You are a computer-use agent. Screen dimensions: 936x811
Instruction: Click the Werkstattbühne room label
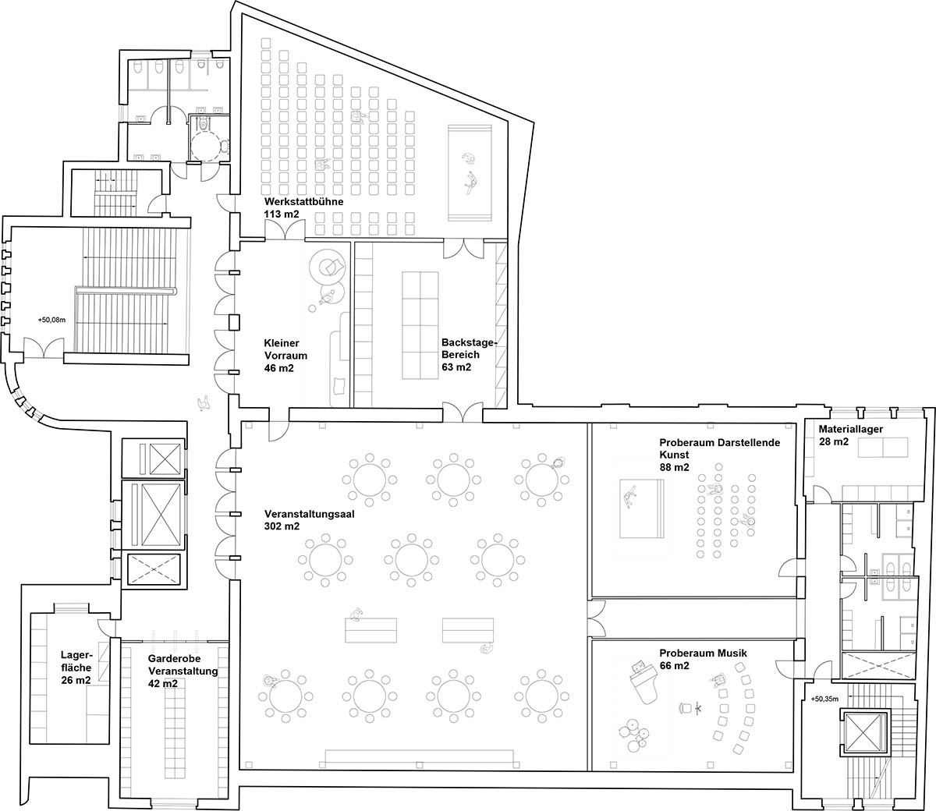(x=303, y=201)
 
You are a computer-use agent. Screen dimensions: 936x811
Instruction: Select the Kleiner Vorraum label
(x=285, y=349)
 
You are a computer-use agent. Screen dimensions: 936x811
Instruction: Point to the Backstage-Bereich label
(x=469, y=349)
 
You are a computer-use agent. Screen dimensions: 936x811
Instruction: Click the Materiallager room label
(x=850, y=429)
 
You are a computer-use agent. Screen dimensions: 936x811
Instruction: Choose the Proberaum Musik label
(x=703, y=653)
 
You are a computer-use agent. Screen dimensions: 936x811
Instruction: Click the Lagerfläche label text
(x=76, y=661)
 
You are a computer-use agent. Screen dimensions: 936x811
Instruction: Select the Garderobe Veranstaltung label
(x=183, y=664)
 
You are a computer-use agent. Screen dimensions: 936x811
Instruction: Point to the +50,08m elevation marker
(x=51, y=320)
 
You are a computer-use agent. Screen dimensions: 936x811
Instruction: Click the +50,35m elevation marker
(x=824, y=699)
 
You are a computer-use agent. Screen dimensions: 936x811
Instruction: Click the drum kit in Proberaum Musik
(x=635, y=735)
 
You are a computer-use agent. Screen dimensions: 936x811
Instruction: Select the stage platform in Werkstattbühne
(x=470, y=173)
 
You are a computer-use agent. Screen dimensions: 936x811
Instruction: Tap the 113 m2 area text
(x=282, y=214)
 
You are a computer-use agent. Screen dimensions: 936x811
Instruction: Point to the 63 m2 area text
(x=456, y=367)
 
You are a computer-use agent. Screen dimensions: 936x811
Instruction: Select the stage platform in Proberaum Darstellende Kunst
(x=642, y=508)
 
